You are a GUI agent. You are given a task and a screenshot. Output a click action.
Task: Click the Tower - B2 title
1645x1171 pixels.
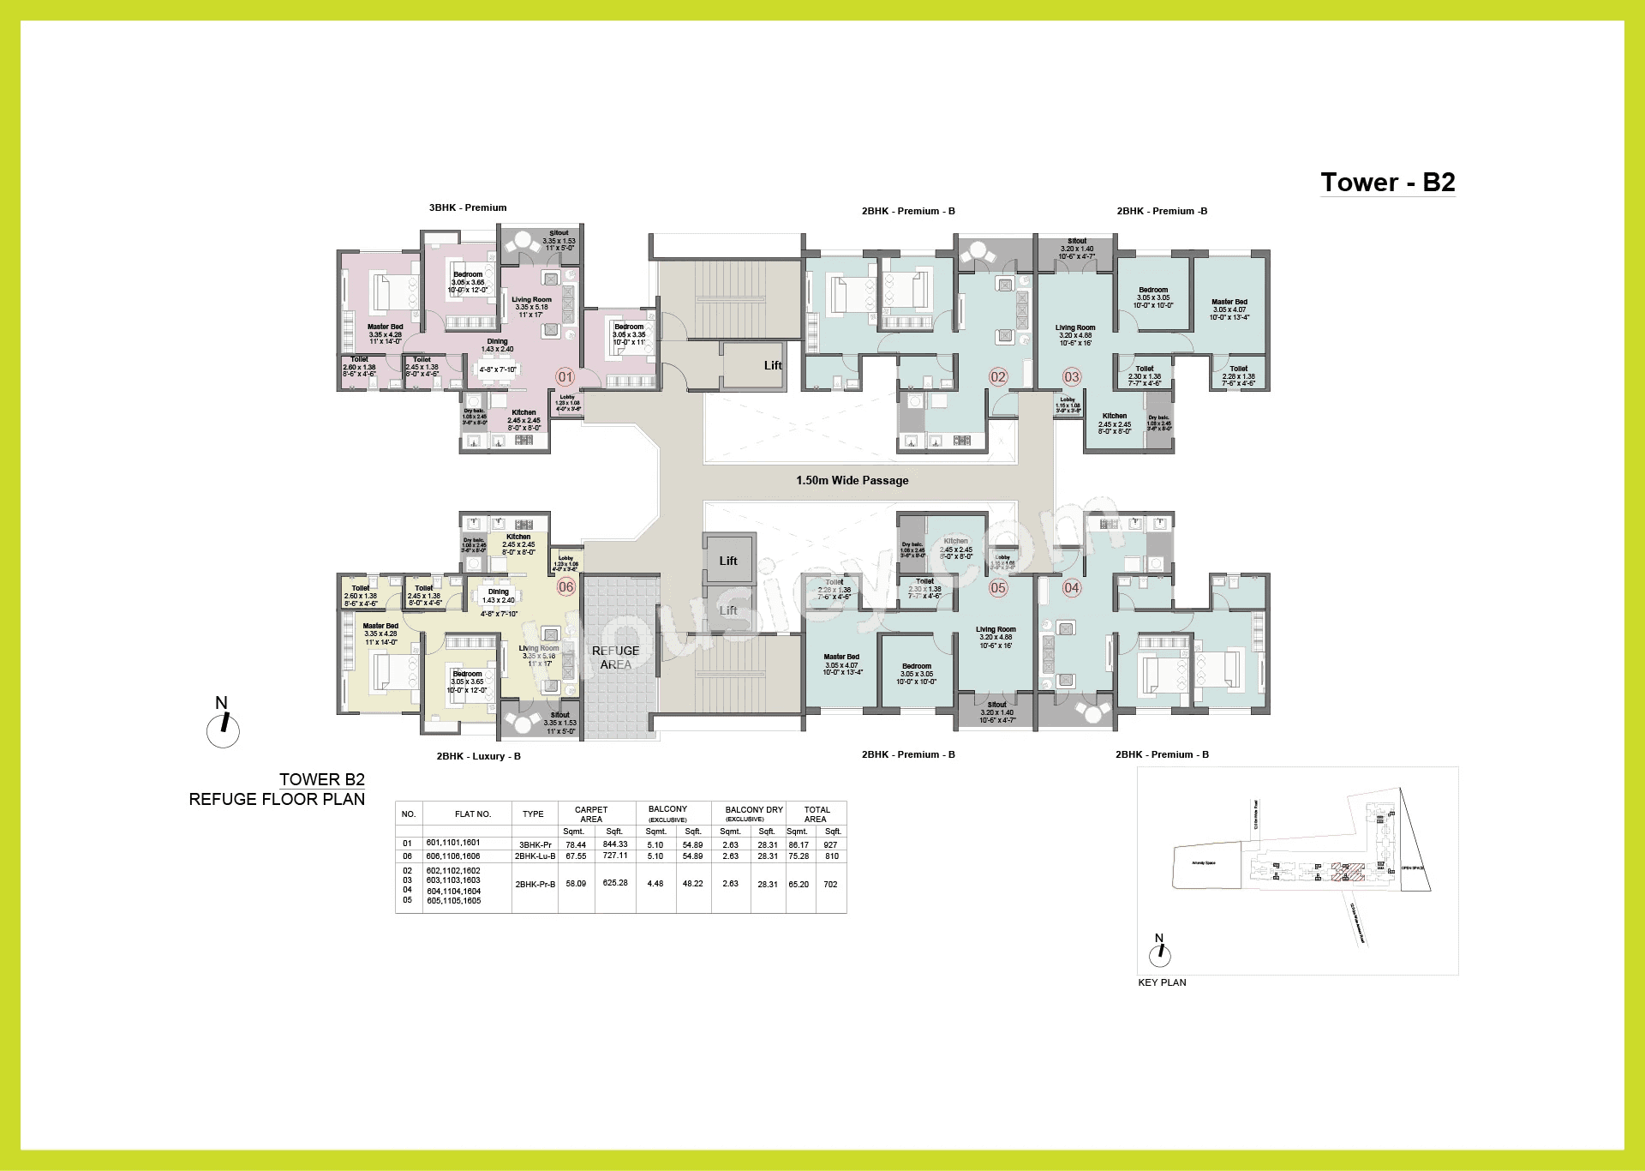click(1387, 183)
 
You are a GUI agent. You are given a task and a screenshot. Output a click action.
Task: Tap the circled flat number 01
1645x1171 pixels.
click(565, 377)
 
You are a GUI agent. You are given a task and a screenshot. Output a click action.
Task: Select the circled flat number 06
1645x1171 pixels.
click(565, 587)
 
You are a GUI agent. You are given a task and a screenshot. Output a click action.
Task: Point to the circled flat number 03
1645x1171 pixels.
click(1072, 377)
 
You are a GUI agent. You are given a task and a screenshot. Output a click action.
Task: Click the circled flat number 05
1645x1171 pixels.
click(998, 588)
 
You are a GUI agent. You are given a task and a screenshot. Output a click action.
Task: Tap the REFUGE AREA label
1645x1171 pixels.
click(615, 658)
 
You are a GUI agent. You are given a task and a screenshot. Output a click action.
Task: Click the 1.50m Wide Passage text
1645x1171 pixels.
click(852, 481)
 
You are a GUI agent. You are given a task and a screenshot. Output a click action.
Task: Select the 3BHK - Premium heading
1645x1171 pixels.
click(468, 208)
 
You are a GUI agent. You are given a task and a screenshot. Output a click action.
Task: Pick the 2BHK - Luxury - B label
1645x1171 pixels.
click(478, 756)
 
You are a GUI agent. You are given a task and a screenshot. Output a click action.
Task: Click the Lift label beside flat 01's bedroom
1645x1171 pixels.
click(773, 366)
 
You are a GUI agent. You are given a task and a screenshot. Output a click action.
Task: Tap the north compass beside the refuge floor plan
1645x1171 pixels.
click(223, 724)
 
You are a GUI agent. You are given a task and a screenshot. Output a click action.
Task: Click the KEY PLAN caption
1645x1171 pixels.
click(1162, 982)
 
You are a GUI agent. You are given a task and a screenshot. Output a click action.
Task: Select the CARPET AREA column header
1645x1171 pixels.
click(591, 814)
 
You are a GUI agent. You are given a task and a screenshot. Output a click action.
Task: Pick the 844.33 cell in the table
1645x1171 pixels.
click(614, 844)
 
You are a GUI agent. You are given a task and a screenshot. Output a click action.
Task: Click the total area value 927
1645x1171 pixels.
click(830, 844)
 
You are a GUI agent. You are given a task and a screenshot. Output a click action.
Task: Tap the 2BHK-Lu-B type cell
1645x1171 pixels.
click(535, 856)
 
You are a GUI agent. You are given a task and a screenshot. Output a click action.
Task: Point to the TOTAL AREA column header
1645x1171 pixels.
click(817, 814)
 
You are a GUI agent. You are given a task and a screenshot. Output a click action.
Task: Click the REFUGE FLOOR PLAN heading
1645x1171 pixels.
click(277, 799)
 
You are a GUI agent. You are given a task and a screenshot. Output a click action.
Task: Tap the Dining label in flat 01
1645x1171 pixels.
click(497, 341)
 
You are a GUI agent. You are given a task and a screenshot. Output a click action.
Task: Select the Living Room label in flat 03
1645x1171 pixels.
click(1075, 327)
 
